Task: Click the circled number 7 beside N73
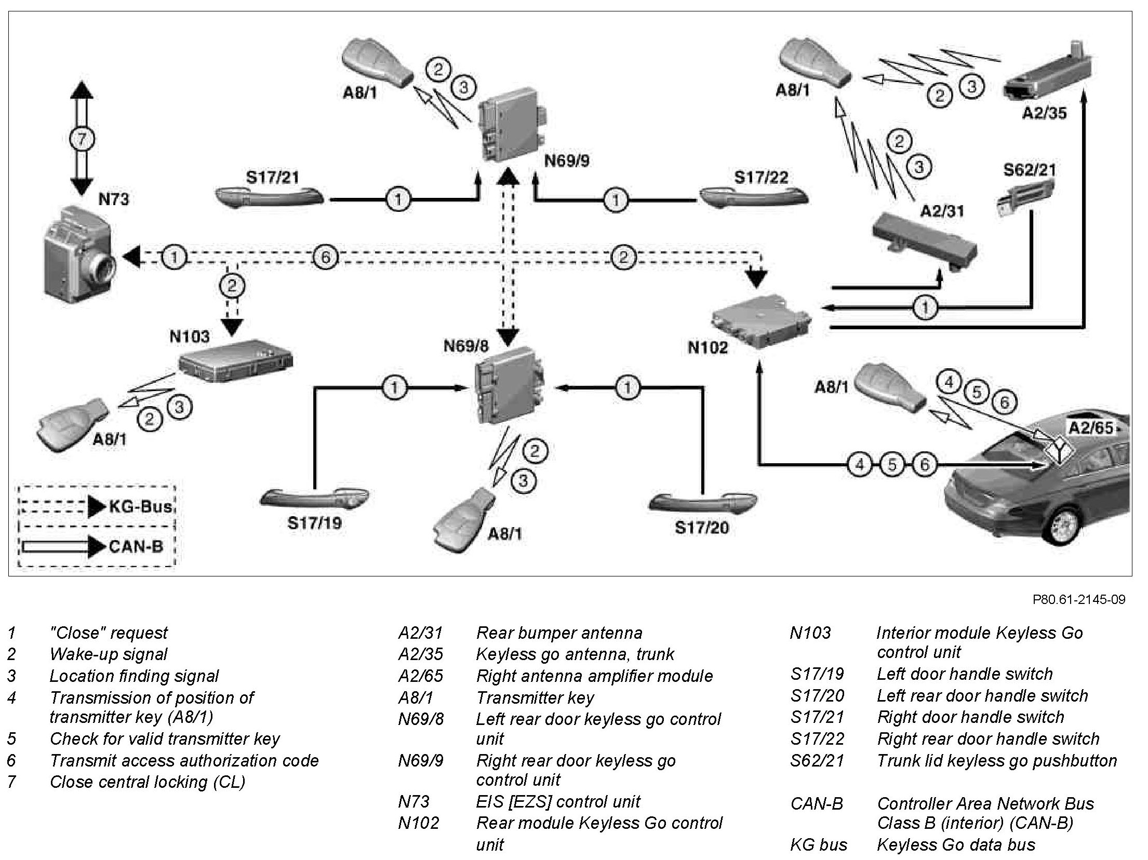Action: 82,139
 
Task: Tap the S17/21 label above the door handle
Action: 272,178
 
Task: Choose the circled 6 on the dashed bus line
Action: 326,257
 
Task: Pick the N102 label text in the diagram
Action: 708,347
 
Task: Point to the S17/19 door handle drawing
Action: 314,499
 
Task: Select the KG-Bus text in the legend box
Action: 140,506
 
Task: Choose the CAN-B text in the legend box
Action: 136,546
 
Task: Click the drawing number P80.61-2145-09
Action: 1078,600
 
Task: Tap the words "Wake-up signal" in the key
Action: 108,654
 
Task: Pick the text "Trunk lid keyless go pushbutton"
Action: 997,761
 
